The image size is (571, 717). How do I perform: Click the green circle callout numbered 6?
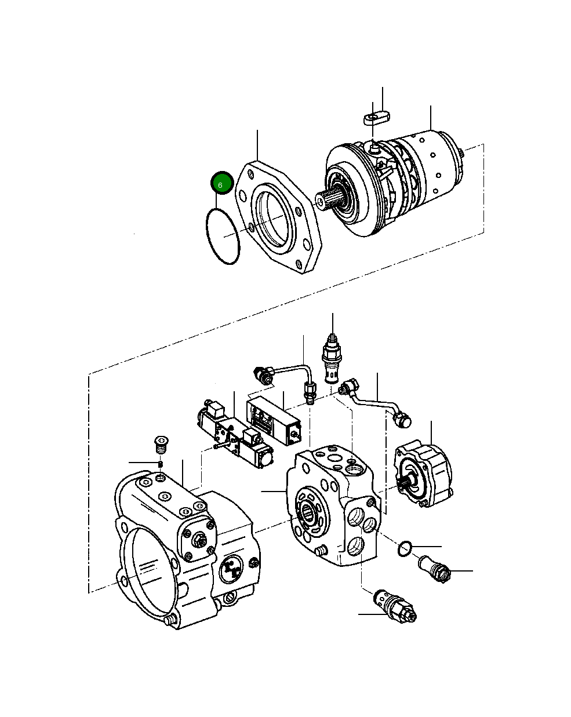tap(221, 183)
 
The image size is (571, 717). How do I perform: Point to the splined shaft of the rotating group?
tap(330, 200)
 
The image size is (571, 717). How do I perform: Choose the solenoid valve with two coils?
tap(235, 435)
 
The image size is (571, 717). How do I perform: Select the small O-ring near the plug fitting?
tap(406, 547)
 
